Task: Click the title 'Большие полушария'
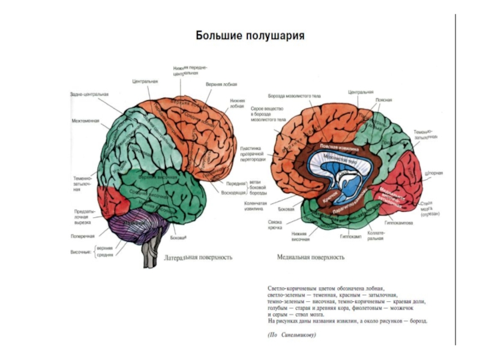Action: pos(250,36)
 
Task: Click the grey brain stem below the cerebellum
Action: pos(147,255)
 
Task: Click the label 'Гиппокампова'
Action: pos(416,222)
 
